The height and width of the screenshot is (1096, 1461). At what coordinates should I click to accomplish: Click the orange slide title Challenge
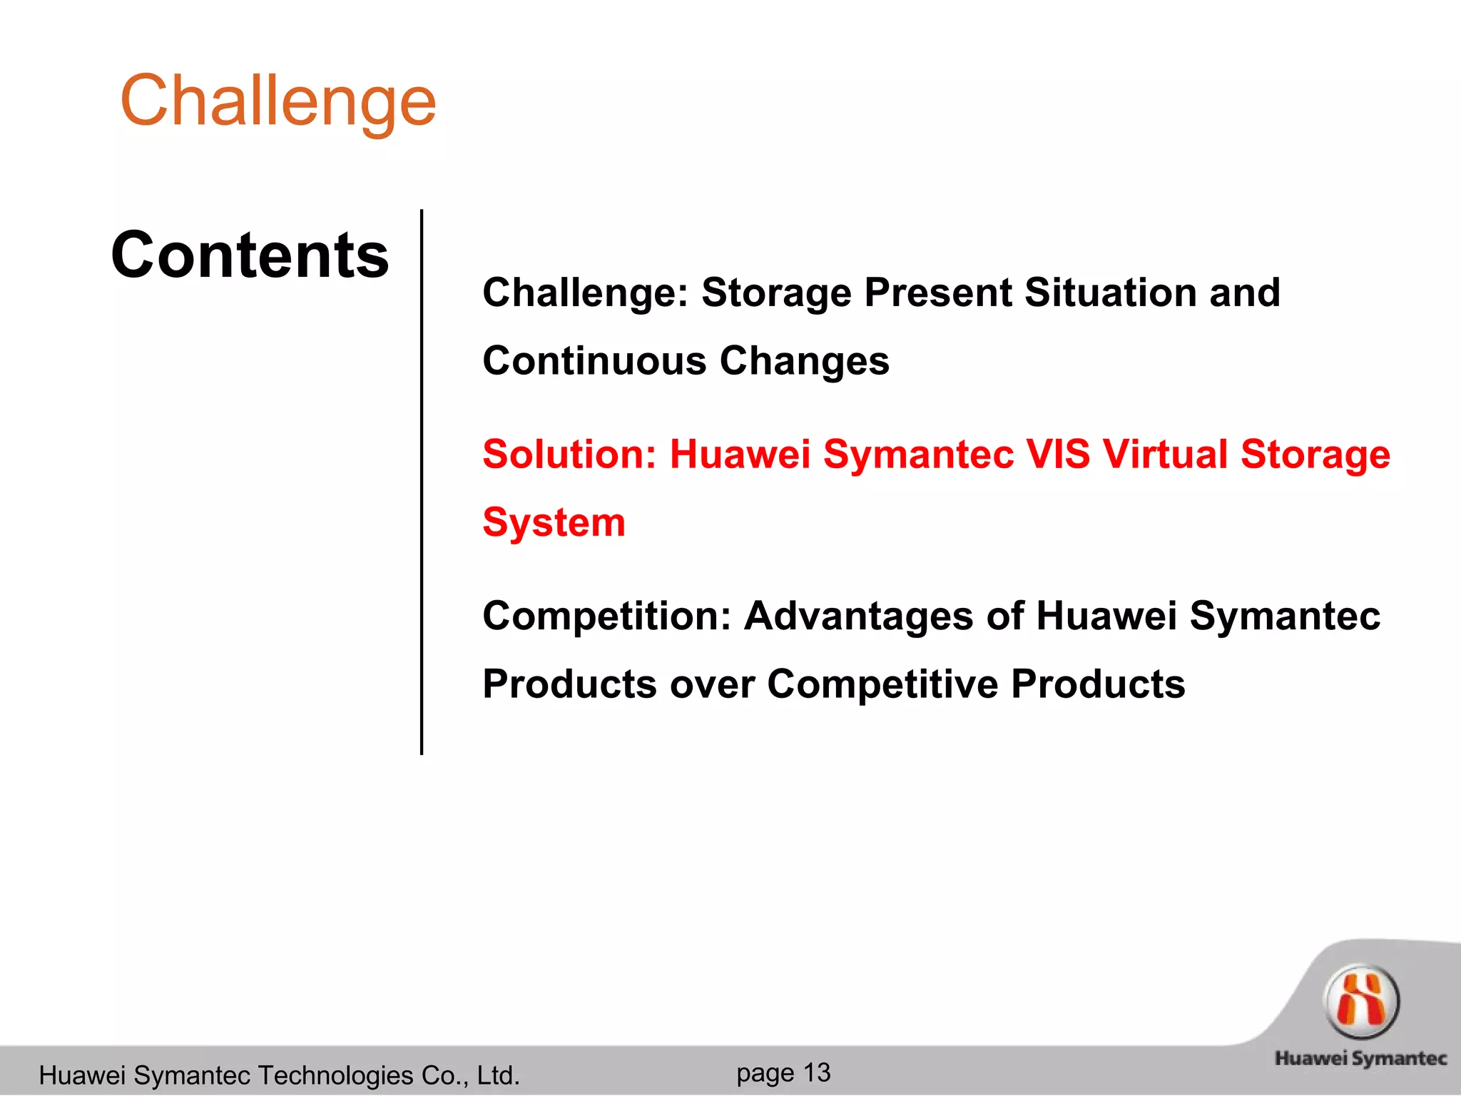(278, 101)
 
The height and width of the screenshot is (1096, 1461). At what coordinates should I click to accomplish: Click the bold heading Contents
(250, 255)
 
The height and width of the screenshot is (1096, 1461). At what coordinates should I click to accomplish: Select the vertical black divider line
(422, 482)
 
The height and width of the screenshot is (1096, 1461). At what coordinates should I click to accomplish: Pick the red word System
(554, 523)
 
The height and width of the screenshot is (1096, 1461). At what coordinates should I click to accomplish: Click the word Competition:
(607, 616)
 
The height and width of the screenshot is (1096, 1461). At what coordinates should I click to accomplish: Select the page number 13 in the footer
(817, 1072)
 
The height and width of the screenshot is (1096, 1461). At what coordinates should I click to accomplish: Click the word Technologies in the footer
(335, 1075)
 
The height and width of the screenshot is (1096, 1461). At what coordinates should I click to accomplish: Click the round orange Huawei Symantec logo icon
(1361, 1002)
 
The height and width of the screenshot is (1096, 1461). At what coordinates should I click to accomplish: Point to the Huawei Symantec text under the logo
(1360, 1059)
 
